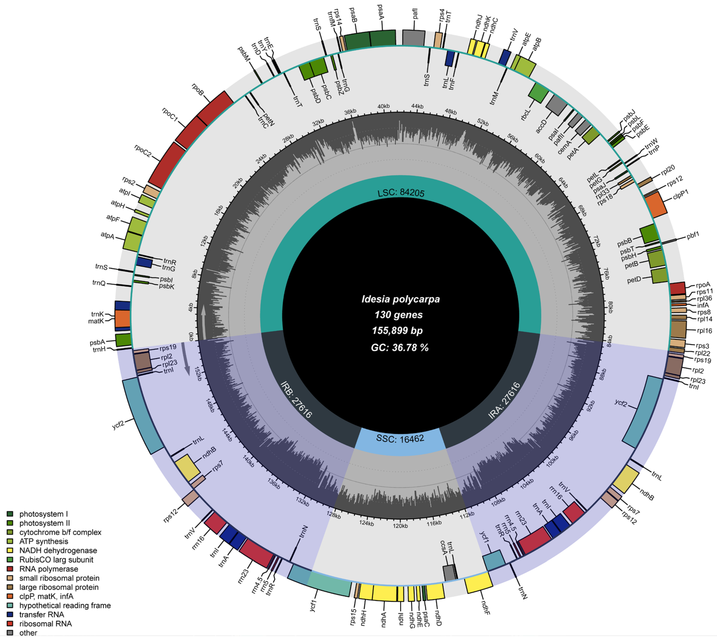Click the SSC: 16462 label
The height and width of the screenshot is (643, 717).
tap(400, 439)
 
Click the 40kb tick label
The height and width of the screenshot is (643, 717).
tap(384, 106)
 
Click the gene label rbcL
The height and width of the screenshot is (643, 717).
tap(526, 115)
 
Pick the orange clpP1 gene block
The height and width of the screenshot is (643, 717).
tap(656, 205)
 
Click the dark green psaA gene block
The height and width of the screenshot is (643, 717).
tap(383, 38)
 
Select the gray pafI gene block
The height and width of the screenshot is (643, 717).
tap(414, 38)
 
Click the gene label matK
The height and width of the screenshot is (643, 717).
tap(96, 321)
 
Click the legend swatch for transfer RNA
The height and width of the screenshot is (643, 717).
tap(10, 615)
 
